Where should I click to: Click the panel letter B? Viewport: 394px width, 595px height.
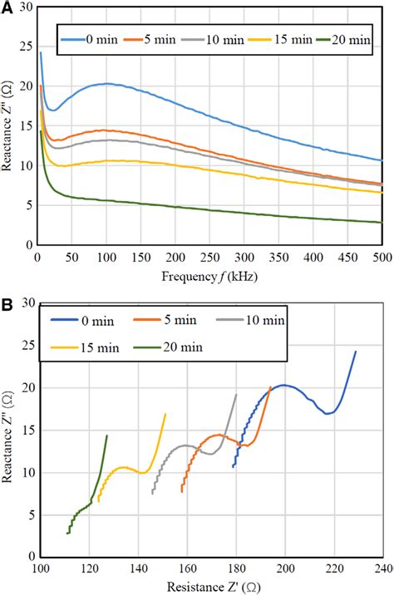coord(7,304)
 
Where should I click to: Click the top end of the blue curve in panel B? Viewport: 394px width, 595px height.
coord(356,352)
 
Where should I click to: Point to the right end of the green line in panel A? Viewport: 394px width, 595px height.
coord(382,222)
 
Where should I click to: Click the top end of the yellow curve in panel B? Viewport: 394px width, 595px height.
coord(165,414)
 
